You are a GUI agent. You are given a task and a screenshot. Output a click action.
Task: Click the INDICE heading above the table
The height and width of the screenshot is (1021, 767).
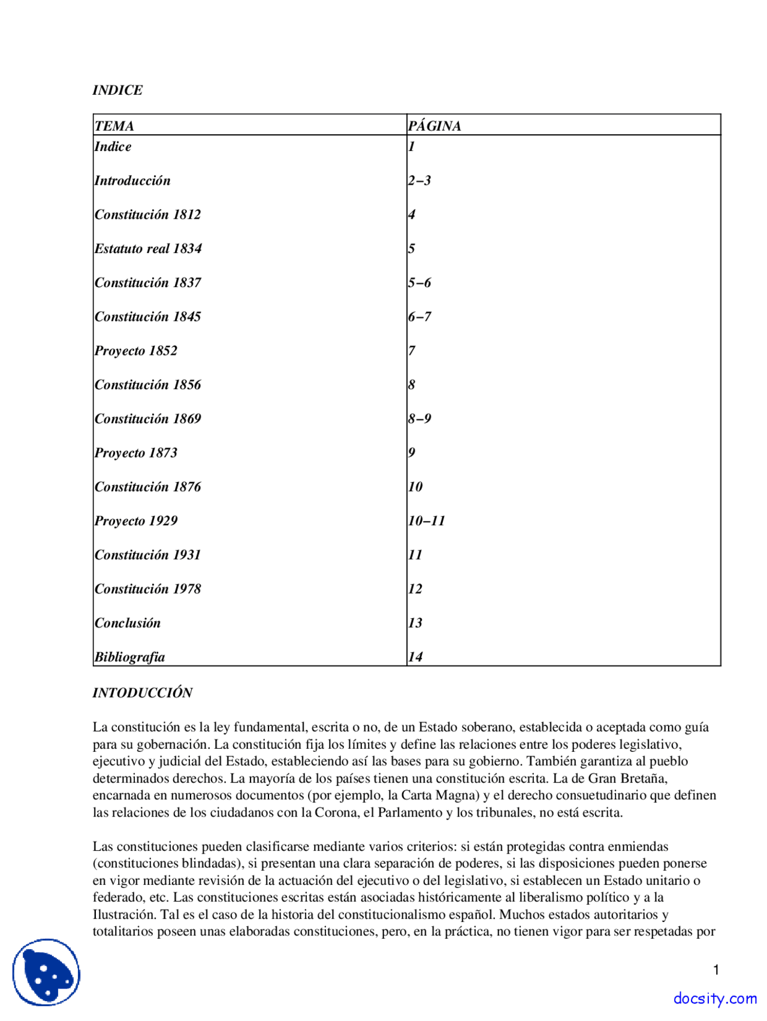117,90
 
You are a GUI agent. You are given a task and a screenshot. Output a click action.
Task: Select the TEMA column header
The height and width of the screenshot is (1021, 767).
114,126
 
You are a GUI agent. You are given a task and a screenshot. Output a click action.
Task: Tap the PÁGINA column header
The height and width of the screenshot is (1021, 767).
434,126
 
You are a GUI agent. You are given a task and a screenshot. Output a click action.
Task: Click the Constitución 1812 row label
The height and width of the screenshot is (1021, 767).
147,215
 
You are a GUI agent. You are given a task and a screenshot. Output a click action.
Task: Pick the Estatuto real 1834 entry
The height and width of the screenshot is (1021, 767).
148,249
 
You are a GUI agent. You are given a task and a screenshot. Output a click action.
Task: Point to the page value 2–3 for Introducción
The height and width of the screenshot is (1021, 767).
419,180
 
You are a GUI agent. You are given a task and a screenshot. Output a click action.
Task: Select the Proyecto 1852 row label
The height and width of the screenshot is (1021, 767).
136,351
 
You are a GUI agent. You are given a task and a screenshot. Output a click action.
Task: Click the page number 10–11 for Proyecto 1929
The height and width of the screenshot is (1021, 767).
427,521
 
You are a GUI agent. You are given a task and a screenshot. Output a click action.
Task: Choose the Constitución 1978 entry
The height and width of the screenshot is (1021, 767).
147,589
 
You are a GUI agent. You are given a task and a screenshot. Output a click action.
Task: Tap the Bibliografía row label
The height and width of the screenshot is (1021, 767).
129,657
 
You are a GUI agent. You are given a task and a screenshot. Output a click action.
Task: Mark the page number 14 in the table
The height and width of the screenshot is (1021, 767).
415,657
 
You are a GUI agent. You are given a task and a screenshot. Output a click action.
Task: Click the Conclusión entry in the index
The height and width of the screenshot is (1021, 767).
128,623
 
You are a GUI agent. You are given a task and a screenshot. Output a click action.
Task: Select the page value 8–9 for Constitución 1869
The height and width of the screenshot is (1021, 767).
419,419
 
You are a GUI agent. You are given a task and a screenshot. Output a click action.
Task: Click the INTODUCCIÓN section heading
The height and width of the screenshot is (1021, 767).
143,693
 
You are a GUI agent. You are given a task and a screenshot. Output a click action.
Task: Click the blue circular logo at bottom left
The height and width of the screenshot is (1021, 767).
46,972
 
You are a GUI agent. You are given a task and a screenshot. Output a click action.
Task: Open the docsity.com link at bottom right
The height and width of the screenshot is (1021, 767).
714,998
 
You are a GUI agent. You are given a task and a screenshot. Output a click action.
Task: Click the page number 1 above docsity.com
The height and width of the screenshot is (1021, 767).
716,970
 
